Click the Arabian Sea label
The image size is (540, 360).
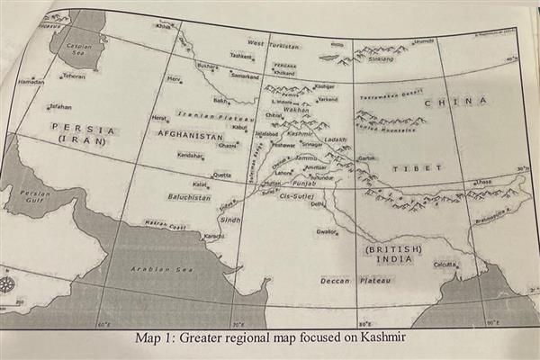point(161,268)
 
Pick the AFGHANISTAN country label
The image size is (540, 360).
point(190,134)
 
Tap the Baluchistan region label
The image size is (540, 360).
point(188,196)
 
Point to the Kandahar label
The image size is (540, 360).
point(190,155)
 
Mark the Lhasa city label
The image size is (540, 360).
point(482,182)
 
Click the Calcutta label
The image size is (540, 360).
point(445,264)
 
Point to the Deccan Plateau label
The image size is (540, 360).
point(356,281)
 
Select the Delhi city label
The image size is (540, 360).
point(317,204)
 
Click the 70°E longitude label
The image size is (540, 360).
point(238,322)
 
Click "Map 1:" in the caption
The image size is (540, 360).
point(153,338)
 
